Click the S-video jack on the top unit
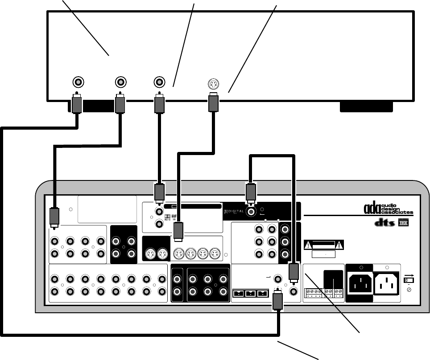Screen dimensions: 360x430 (213, 83)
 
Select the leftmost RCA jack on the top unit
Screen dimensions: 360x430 (78, 82)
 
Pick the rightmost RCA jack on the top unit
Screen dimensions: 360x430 (159, 82)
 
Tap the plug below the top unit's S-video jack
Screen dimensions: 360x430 (213, 104)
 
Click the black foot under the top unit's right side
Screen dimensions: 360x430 (366, 106)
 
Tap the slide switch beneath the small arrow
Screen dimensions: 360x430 (407, 281)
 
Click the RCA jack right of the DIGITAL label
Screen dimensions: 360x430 (252, 213)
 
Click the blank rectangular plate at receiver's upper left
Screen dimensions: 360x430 (107, 209)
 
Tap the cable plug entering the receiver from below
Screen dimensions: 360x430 (277, 302)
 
